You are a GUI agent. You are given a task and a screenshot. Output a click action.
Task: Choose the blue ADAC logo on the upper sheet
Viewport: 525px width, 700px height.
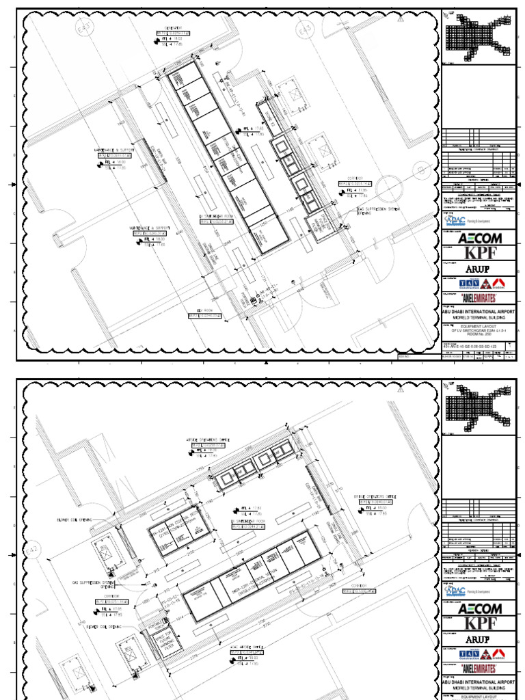pos(456,221)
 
